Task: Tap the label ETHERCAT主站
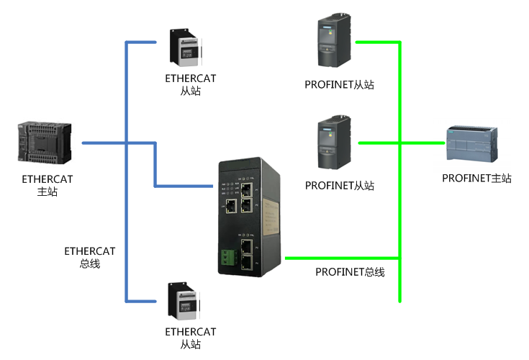pos(48,185)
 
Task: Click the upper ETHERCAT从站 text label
pos(191,85)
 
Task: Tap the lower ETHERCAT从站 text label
pos(191,338)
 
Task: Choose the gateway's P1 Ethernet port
pos(247,190)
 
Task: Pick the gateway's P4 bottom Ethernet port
pos(247,264)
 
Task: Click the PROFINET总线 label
pos(350,271)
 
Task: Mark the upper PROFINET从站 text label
pos(340,85)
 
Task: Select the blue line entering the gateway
pos(184,186)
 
